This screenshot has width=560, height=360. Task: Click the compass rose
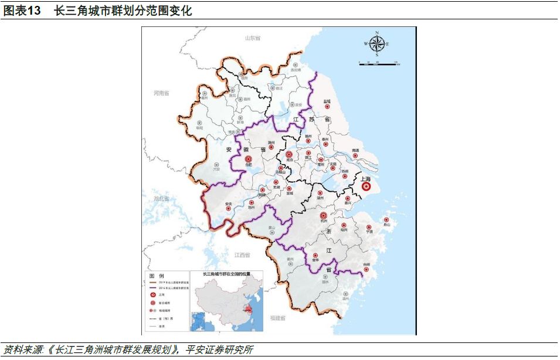click(x=376, y=43)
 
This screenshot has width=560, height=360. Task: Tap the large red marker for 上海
click(x=366, y=187)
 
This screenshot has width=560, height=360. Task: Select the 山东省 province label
click(x=252, y=38)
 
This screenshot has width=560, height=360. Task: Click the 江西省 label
click(x=242, y=255)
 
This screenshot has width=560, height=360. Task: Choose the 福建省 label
click(x=278, y=318)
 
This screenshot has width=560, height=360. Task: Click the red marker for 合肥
click(x=248, y=159)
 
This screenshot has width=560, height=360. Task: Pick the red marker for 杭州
click(x=323, y=216)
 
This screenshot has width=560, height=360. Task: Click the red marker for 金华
click(x=315, y=255)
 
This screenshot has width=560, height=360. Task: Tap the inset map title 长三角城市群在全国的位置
click(x=226, y=274)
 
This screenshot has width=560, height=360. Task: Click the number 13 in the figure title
click(x=34, y=11)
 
